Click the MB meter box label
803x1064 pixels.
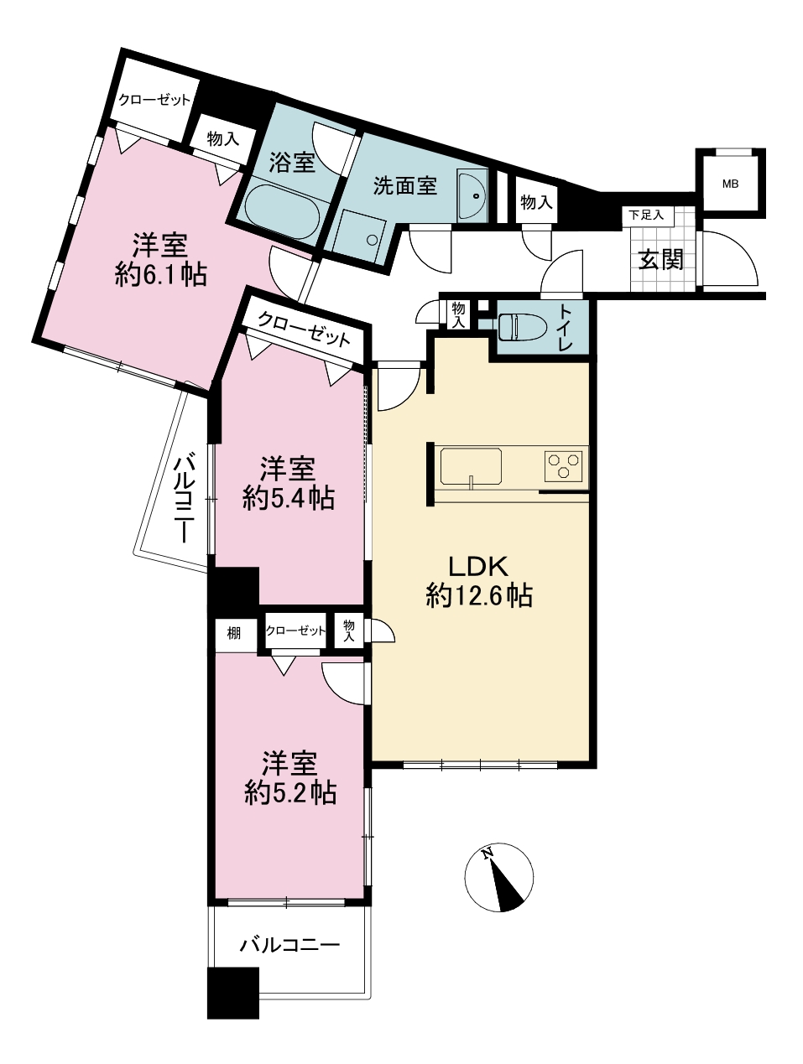click(730, 184)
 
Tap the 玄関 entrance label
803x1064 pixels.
click(660, 259)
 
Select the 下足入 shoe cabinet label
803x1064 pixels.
click(646, 215)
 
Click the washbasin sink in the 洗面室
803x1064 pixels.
click(472, 196)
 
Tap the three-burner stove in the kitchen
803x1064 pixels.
click(564, 465)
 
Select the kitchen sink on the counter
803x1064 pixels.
click(471, 466)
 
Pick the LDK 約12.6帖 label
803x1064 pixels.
click(479, 581)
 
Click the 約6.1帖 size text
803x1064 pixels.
click(161, 276)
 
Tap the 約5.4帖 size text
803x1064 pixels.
click(288, 498)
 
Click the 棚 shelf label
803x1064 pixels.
click(234, 633)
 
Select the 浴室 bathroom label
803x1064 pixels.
click(292, 162)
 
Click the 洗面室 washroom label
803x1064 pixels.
click(405, 185)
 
